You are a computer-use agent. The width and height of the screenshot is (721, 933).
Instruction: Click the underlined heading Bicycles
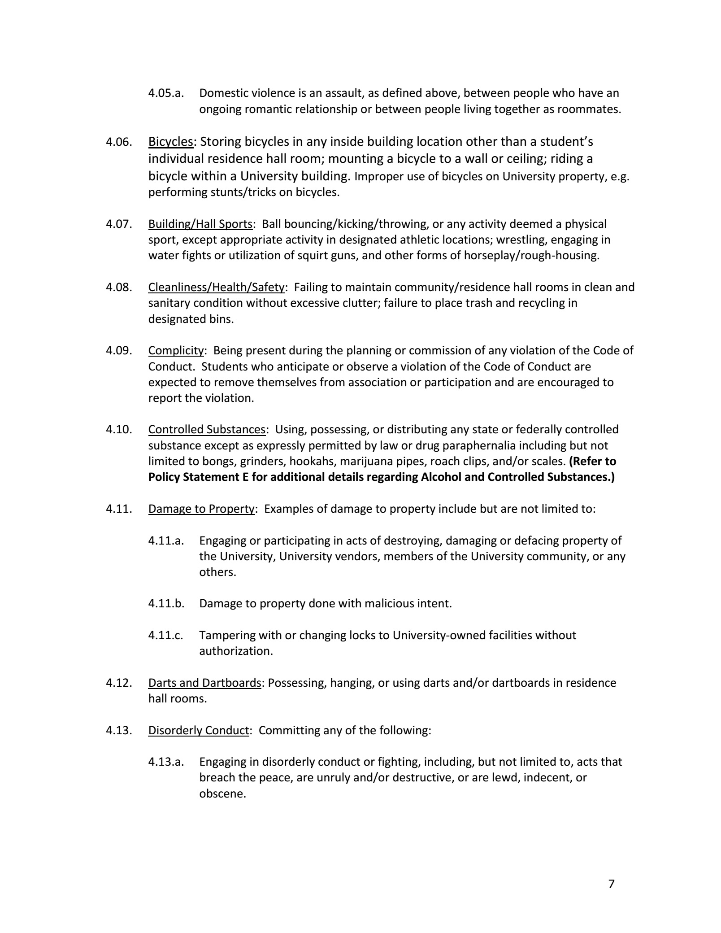(170, 142)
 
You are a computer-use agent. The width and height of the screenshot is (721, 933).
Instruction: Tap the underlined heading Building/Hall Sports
(200, 224)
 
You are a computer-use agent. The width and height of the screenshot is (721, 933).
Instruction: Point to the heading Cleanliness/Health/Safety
(216, 287)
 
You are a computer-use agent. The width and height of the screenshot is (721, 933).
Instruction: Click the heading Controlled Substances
(207, 429)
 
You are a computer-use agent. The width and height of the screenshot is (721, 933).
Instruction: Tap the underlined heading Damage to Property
(201, 509)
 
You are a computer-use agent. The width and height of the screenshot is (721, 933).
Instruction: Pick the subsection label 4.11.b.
(166, 603)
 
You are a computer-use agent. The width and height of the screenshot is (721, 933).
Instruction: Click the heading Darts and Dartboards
(204, 683)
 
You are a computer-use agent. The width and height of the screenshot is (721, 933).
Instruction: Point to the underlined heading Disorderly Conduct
(198, 730)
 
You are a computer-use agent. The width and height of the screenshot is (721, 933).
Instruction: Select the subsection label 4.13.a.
(166, 762)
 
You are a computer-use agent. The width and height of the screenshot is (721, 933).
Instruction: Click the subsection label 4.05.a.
(166, 93)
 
